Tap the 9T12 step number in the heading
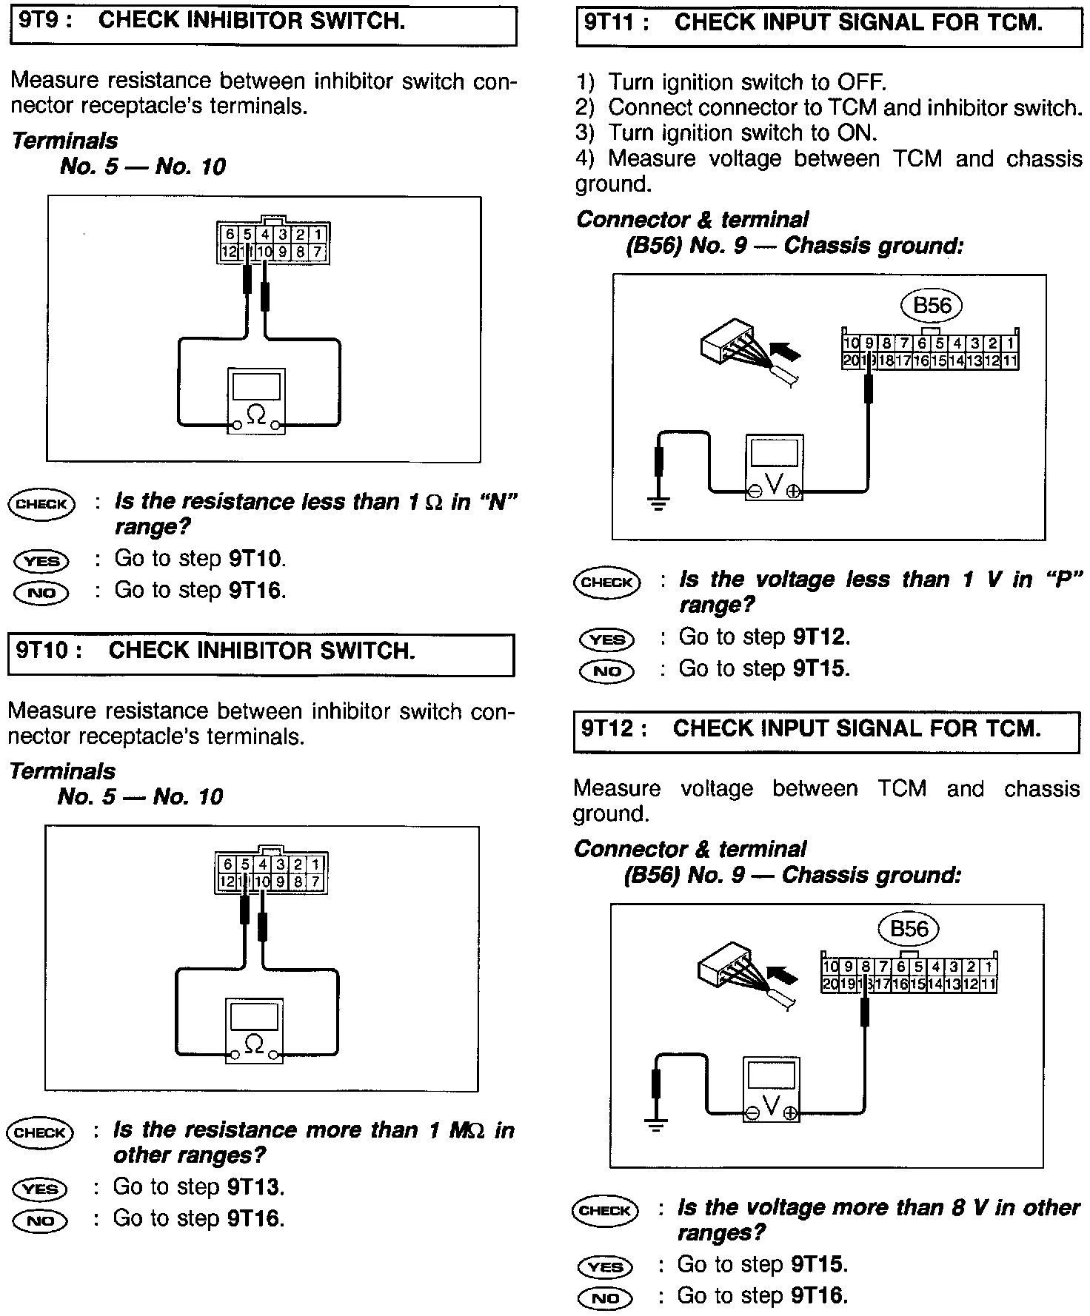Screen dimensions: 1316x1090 tap(609, 729)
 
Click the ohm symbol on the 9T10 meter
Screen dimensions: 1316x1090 tap(253, 1044)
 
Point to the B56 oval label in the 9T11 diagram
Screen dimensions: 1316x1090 tap(932, 306)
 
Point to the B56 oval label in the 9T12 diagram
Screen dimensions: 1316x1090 tap(908, 930)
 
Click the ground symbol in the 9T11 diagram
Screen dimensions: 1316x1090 tap(658, 503)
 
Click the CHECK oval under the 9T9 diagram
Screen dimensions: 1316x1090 tap(41, 505)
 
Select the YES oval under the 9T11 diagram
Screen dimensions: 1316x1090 tap(606, 639)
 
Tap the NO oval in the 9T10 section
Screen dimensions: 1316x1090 tap(40, 1221)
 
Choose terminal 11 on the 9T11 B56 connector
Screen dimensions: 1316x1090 tap(1009, 361)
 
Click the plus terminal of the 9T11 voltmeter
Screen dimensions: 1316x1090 tap(793, 491)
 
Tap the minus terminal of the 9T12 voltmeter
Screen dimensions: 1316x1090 tap(752, 1113)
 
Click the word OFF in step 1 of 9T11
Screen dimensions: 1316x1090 tap(860, 82)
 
